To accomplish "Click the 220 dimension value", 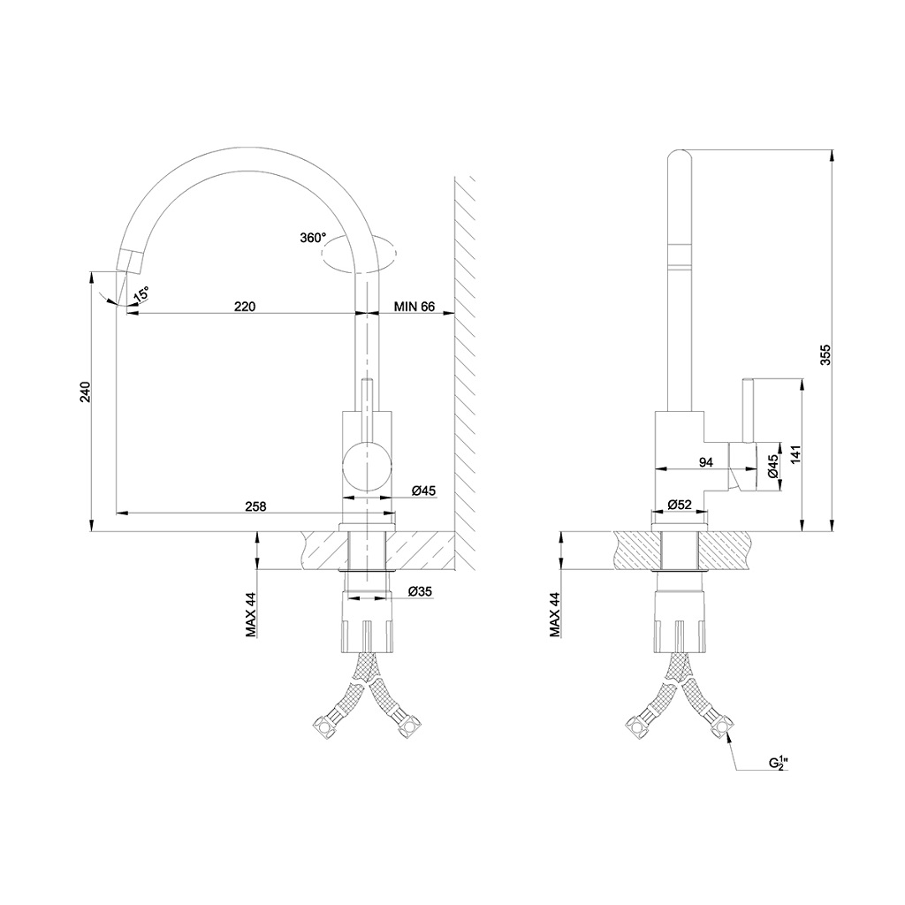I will tap(245, 307).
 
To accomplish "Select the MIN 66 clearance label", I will tap(415, 307).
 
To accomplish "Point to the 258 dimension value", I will tap(256, 506).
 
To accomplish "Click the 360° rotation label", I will tap(313, 238).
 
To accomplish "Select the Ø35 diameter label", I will tap(420, 591).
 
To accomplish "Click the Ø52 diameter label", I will tap(679, 504).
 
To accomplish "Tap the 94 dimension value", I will tap(706, 461).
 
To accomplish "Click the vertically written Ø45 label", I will tap(772, 466).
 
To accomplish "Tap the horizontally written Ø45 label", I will tap(422, 491).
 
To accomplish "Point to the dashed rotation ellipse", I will tap(358, 255).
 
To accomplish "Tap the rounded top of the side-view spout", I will tap(679, 160).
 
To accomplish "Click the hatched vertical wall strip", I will tap(466, 371).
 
